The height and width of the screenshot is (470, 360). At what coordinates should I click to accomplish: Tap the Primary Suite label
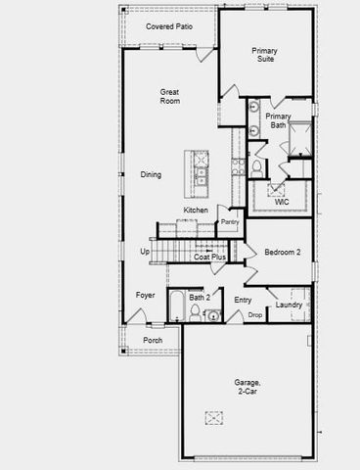(x=263, y=55)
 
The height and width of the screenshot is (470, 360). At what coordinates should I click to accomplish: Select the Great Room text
(x=170, y=96)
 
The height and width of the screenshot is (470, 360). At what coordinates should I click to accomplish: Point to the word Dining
(x=151, y=175)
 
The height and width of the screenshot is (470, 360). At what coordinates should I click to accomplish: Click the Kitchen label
(x=195, y=211)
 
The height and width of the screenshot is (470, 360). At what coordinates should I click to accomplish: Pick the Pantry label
(x=230, y=222)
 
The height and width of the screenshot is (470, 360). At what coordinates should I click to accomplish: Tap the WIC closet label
(x=282, y=202)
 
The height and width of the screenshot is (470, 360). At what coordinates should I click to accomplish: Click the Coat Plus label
(x=210, y=257)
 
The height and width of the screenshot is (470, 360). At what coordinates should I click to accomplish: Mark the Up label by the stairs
(x=145, y=252)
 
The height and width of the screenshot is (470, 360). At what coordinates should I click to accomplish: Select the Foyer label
(x=145, y=295)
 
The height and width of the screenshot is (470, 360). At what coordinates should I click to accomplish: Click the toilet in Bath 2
(x=195, y=313)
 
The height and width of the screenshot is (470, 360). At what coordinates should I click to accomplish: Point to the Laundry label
(x=289, y=305)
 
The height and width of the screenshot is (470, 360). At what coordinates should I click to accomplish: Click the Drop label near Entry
(x=254, y=315)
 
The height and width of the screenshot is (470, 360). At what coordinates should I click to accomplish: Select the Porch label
(x=153, y=341)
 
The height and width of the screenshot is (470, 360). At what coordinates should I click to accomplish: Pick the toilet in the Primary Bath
(x=257, y=167)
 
